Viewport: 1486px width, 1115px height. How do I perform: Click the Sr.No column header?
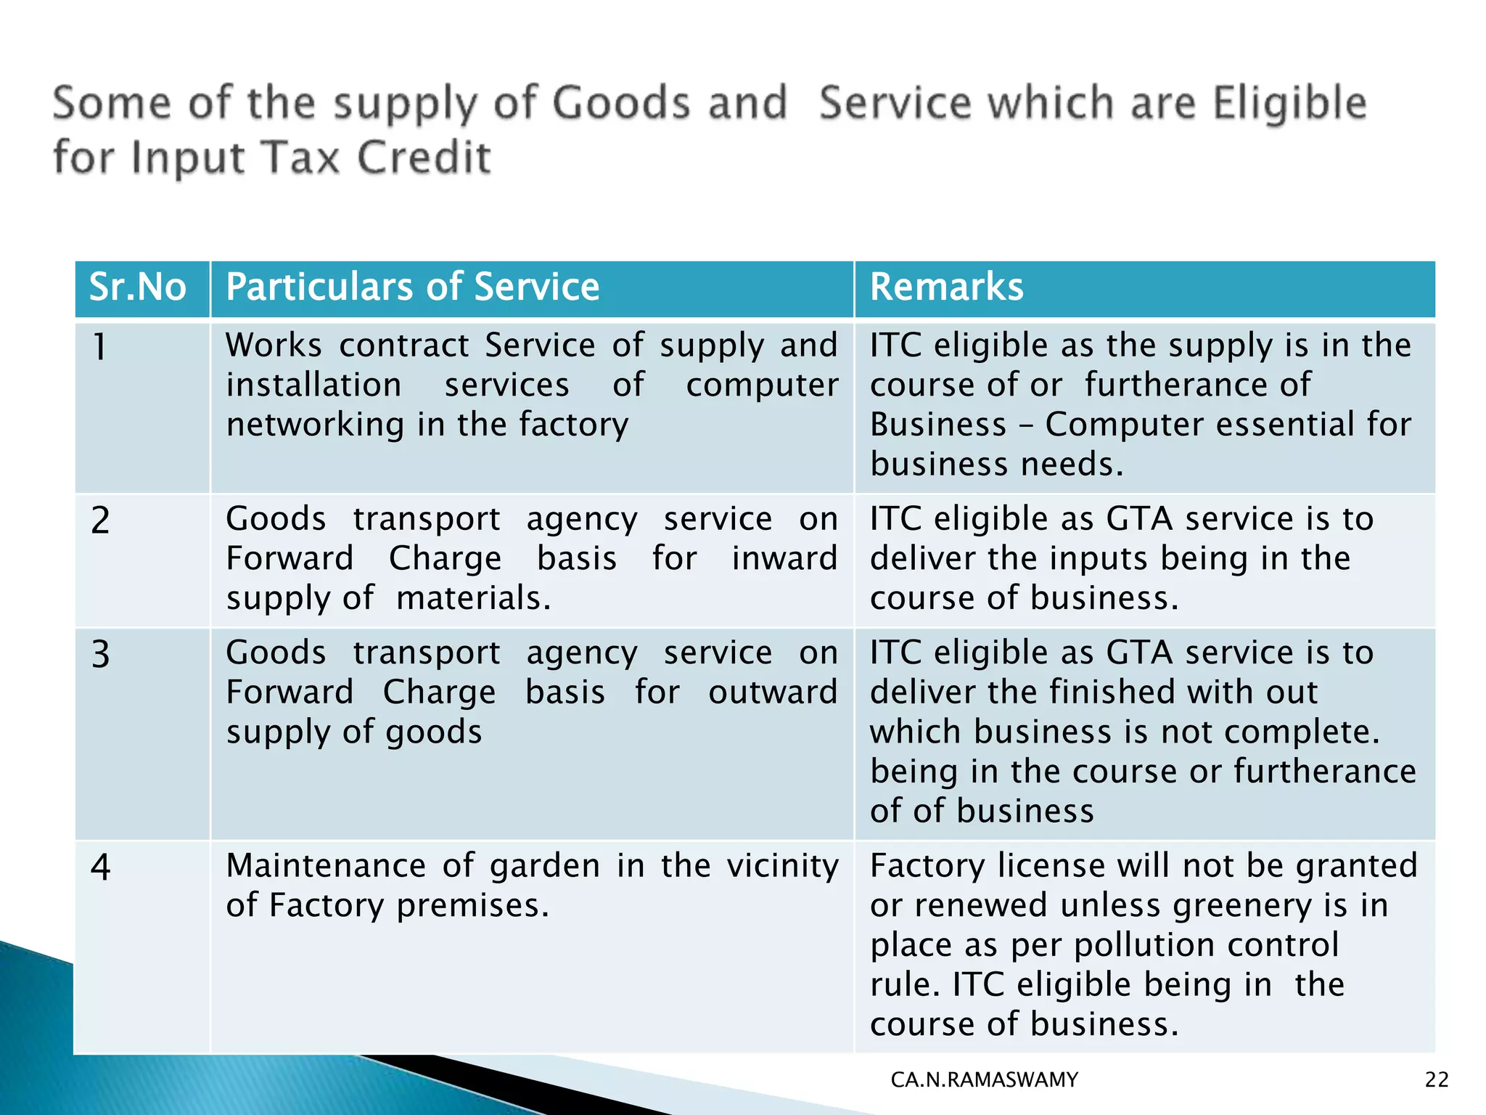[138, 287]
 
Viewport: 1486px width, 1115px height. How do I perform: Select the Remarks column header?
[947, 287]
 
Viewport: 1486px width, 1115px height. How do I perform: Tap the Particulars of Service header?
[412, 287]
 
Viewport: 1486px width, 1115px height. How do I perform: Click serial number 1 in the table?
[100, 347]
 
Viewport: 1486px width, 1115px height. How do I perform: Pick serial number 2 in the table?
[100, 520]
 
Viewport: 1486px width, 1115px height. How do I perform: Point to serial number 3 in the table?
[100, 655]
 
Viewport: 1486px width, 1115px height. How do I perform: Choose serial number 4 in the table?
[100, 867]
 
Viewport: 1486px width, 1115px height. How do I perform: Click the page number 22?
[1437, 1080]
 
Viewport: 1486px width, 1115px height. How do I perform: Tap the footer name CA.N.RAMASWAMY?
[984, 1080]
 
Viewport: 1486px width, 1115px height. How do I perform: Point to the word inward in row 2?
[784, 559]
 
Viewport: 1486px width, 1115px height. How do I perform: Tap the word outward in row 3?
[773, 693]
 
